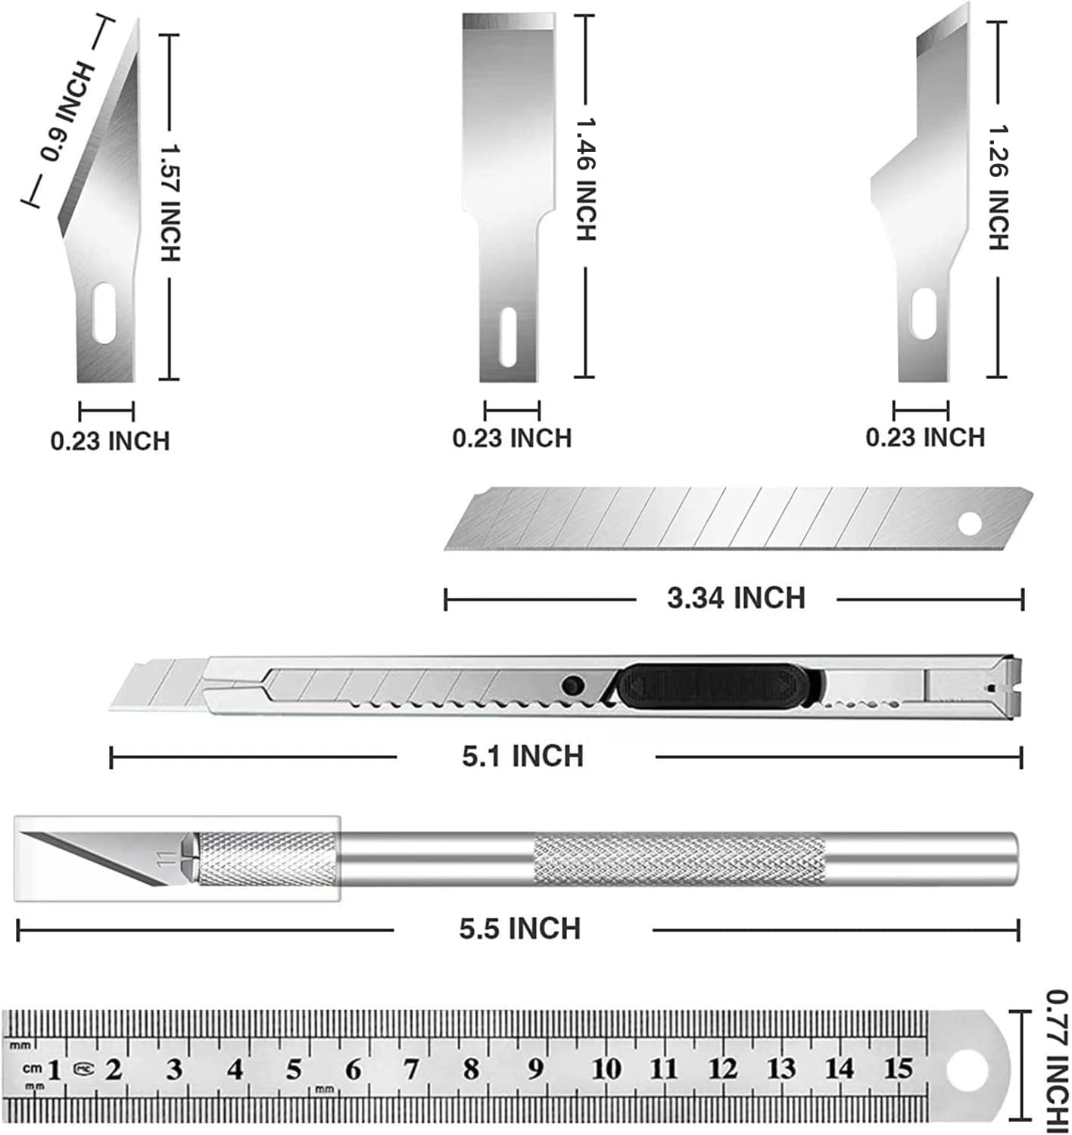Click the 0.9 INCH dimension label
(67, 111)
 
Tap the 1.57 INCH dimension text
(170, 202)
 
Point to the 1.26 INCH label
(999, 188)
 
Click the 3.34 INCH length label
(736, 599)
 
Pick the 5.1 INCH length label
(523, 757)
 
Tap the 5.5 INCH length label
(520, 928)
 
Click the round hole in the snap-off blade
(970, 524)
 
